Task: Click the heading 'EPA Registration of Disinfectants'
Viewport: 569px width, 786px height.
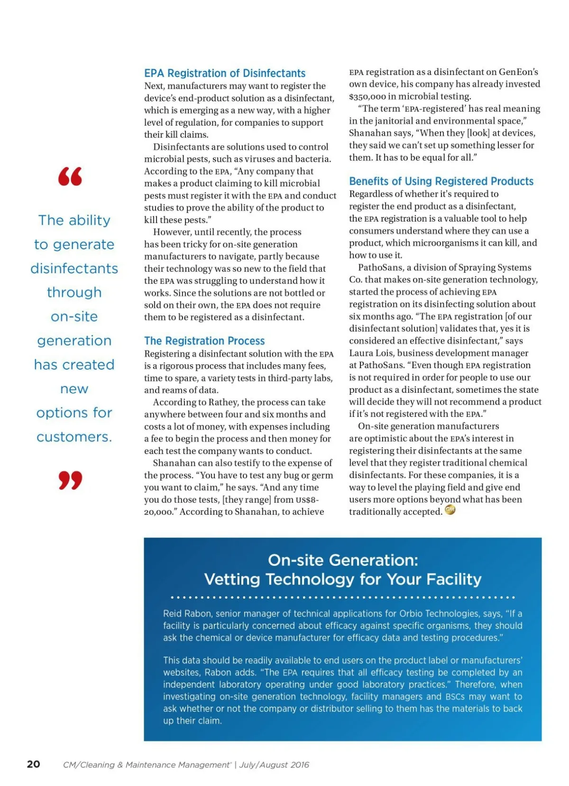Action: coord(225,74)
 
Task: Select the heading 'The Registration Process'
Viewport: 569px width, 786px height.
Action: coord(204,341)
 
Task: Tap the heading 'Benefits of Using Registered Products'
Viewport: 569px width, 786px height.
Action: coord(441,182)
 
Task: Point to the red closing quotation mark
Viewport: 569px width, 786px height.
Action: coord(70,480)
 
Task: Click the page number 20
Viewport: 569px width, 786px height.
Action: coord(34,764)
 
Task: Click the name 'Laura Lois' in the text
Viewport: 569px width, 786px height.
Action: coord(371,353)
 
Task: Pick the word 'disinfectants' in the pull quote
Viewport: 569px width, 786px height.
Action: coord(74,268)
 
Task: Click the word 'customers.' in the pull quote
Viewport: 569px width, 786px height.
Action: coord(74,437)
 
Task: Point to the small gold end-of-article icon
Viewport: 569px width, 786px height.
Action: coord(450,510)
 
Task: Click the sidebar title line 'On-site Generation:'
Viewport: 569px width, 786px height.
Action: coord(343,560)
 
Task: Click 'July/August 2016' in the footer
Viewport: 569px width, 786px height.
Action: coord(274,765)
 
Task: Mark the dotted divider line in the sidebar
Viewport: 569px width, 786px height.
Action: coord(343,597)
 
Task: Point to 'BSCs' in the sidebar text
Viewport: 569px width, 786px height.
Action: coord(455,697)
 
